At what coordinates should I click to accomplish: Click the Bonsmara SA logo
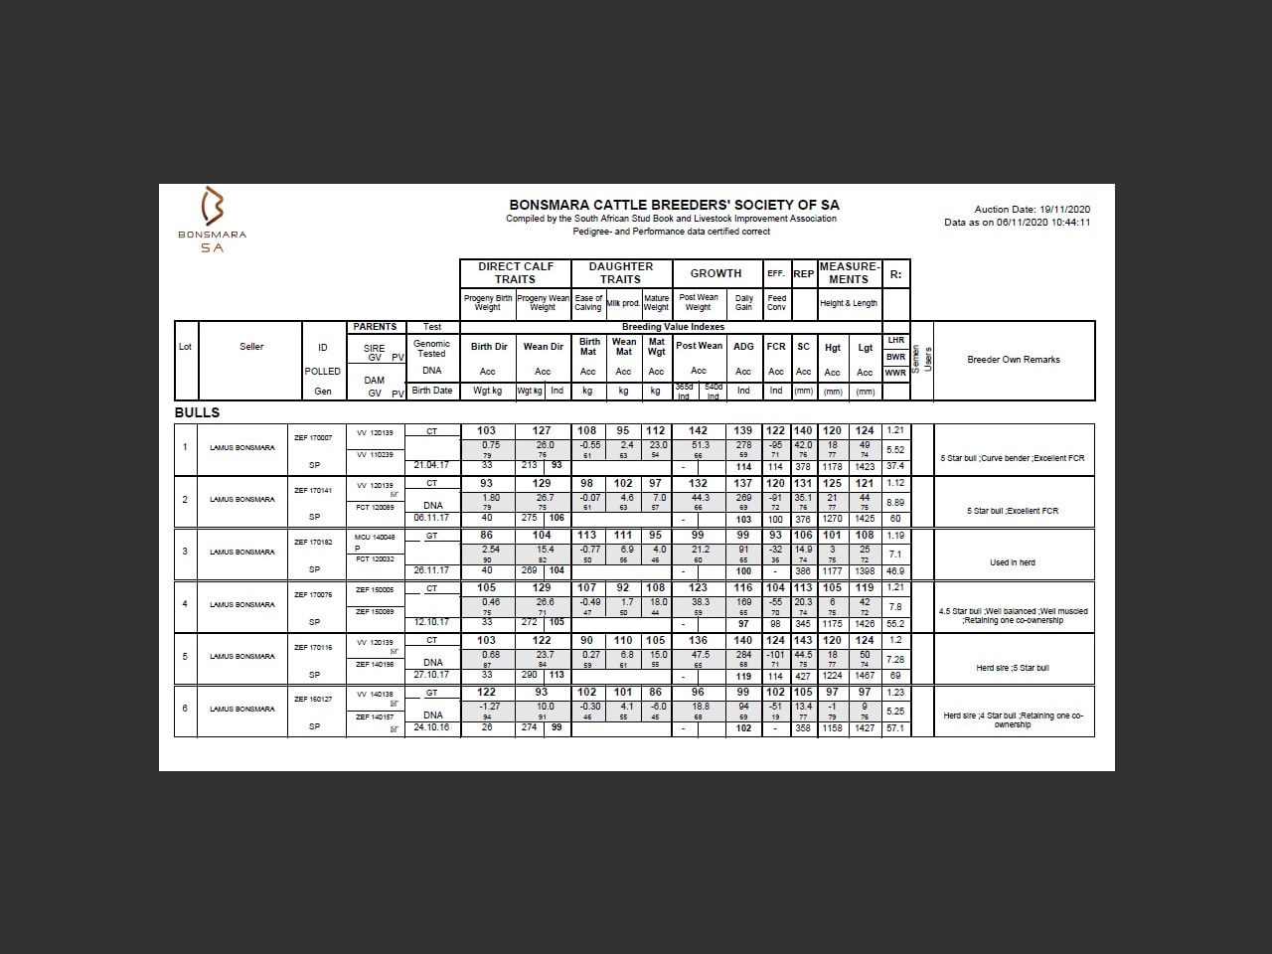(x=212, y=219)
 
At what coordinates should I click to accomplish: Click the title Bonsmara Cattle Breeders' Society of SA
(x=674, y=205)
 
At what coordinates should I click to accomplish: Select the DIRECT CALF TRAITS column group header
(x=515, y=273)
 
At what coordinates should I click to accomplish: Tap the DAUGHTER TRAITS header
(x=620, y=273)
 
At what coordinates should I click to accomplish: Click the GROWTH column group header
(x=715, y=273)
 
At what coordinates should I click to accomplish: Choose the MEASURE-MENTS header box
(x=849, y=273)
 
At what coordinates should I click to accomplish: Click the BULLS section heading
(x=197, y=412)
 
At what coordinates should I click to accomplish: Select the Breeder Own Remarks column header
(x=1013, y=360)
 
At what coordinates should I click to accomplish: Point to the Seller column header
(x=251, y=347)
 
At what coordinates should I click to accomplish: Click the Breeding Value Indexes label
(x=673, y=327)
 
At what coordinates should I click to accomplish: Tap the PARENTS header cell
(x=375, y=327)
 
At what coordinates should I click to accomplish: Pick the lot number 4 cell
(x=185, y=604)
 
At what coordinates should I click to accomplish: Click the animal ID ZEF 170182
(x=313, y=543)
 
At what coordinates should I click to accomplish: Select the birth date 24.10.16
(x=431, y=727)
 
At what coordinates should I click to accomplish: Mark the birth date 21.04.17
(x=431, y=465)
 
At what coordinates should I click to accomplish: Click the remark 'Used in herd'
(x=1013, y=562)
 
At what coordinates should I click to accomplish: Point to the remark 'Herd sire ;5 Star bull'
(x=1013, y=668)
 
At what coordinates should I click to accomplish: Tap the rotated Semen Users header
(x=922, y=359)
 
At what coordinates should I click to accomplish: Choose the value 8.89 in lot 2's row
(x=895, y=503)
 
